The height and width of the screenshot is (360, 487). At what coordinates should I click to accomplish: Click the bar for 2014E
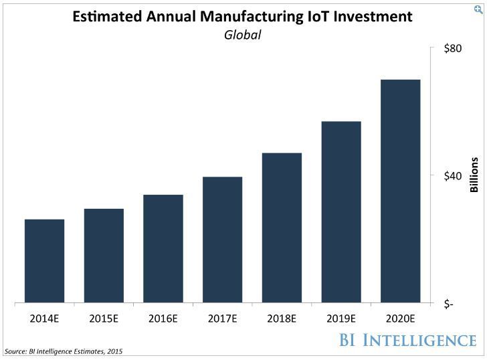pyautogui.click(x=44, y=261)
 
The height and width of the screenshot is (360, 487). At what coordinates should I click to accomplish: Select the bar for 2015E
pyautogui.click(x=104, y=256)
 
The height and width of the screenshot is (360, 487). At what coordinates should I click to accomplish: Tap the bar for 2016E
pyautogui.click(x=163, y=249)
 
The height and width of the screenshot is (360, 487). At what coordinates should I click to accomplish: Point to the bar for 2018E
pyautogui.click(x=282, y=228)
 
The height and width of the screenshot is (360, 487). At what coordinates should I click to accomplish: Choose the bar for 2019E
pyautogui.click(x=341, y=212)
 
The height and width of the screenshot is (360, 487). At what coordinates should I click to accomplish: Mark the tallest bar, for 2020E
pyautogui.click(x=400, y=191)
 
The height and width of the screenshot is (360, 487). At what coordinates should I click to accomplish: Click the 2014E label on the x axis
pyautogui.click(x=45, y=319)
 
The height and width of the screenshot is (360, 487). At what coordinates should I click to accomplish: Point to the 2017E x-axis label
pyautogui.click(x=222, y=319)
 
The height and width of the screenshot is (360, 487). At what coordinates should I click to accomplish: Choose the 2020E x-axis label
pyautogui.click(x=400, y=319)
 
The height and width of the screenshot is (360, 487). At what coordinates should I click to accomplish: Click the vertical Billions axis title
pyautogui.click(x=474, y=175)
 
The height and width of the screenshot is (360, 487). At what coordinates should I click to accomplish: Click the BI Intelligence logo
pyautogui.click(x=406, y=339)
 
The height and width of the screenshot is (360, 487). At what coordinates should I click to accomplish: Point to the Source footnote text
pyautogui.click(x=64, y=351)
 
